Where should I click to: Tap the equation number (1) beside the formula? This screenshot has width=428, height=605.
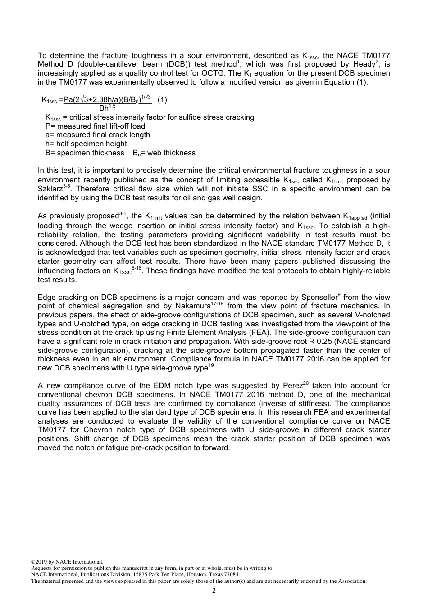pyautogui.click(x=162, y=100)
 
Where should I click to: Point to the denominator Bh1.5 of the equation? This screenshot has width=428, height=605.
pyautogui.click(x=107, y=108)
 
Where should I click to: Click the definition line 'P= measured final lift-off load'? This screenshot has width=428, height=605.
pyautogui.click(x=95, y=126)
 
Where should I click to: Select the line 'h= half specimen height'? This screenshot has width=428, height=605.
pyautogui.click(x=86, y=144)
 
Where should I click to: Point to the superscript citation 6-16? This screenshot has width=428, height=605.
pyautogui.click(x=137, y=268)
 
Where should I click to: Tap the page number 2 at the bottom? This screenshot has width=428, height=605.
pyautogui.click(x=214, y=591)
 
